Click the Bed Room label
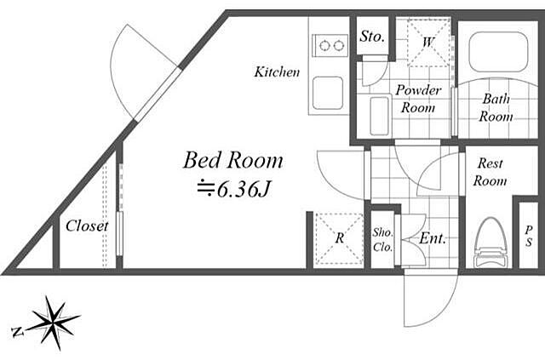[x=232, y=160]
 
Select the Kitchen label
[x=277, y=72]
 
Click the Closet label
[x=87, y=226]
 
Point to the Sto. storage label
[x=372, y=36]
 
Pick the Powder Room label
[x=418, y=99]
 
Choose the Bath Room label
[x=496, y=107]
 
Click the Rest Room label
[x=490, y=172]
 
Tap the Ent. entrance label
[x=433, y=238]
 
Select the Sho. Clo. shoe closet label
[x=383, y=239]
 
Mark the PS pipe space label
[x=528, y=236]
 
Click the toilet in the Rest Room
[x=490, y=243]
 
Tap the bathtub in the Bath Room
[x=498, y=53]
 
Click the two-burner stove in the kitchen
[x=330, y=45]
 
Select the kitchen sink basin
[x=328, y=93]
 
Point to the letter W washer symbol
[x=428, y=43]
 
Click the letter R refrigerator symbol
[x=340, y=238]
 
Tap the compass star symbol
[x=53, y=322]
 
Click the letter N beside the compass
[x=17, y=332]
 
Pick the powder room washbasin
[x=379, y=116]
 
